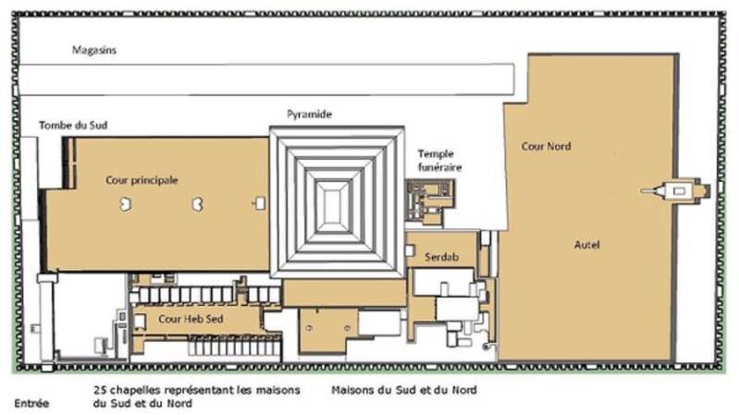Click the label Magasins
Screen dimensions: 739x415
coord(93,50)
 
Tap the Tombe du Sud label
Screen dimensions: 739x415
coord(73,126)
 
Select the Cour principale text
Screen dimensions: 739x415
coord(142,180)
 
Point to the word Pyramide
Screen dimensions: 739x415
coord(309,114)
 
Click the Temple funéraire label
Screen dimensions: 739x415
coord(439,160)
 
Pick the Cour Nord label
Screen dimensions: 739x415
coord(546,146)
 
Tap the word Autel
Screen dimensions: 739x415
coord(586,245)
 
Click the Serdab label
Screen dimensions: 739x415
coord(441,257)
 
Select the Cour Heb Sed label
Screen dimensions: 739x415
coord(191,319)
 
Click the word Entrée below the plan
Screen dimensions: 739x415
coord(31,403)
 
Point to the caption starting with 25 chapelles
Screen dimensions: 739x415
coord(196,397)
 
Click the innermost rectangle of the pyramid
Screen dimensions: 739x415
coord(335,205)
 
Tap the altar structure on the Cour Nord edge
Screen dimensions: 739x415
coord(675,190)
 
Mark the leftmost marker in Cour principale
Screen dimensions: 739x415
coord(125,204)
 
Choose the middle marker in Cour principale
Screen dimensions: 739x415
coord(198,204)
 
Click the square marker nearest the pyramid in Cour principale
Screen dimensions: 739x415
coord(259,203)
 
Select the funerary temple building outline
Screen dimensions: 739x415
coord(430,201)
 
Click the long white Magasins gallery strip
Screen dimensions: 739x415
coord(266,79)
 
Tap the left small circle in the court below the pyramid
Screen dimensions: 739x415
coord(309,328)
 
